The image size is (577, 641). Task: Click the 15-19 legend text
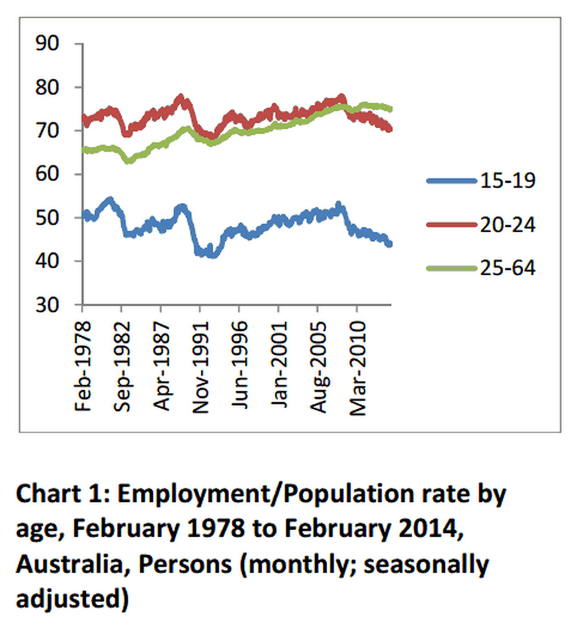click(x=506, y=181)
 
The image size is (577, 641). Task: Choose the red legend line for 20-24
click(x=450, y=224)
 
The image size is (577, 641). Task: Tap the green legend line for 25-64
click(x=450, y=268)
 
